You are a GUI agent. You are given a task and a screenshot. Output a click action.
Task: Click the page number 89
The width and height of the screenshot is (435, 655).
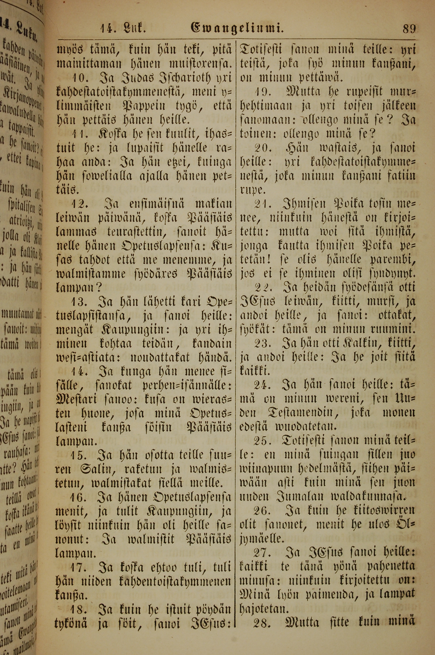408,29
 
